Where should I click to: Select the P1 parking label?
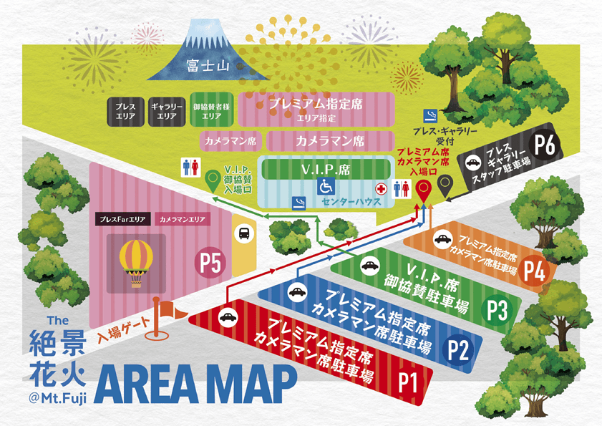pos(407,381)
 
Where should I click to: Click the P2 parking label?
pos(458,349)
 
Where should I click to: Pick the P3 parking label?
pos(497,310)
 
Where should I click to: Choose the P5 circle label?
pos(210,263)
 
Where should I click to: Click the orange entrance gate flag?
pos(170,311)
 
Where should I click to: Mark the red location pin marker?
pos(424,191)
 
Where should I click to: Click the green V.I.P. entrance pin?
pos(212,179)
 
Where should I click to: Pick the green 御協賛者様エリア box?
pos(211,110)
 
